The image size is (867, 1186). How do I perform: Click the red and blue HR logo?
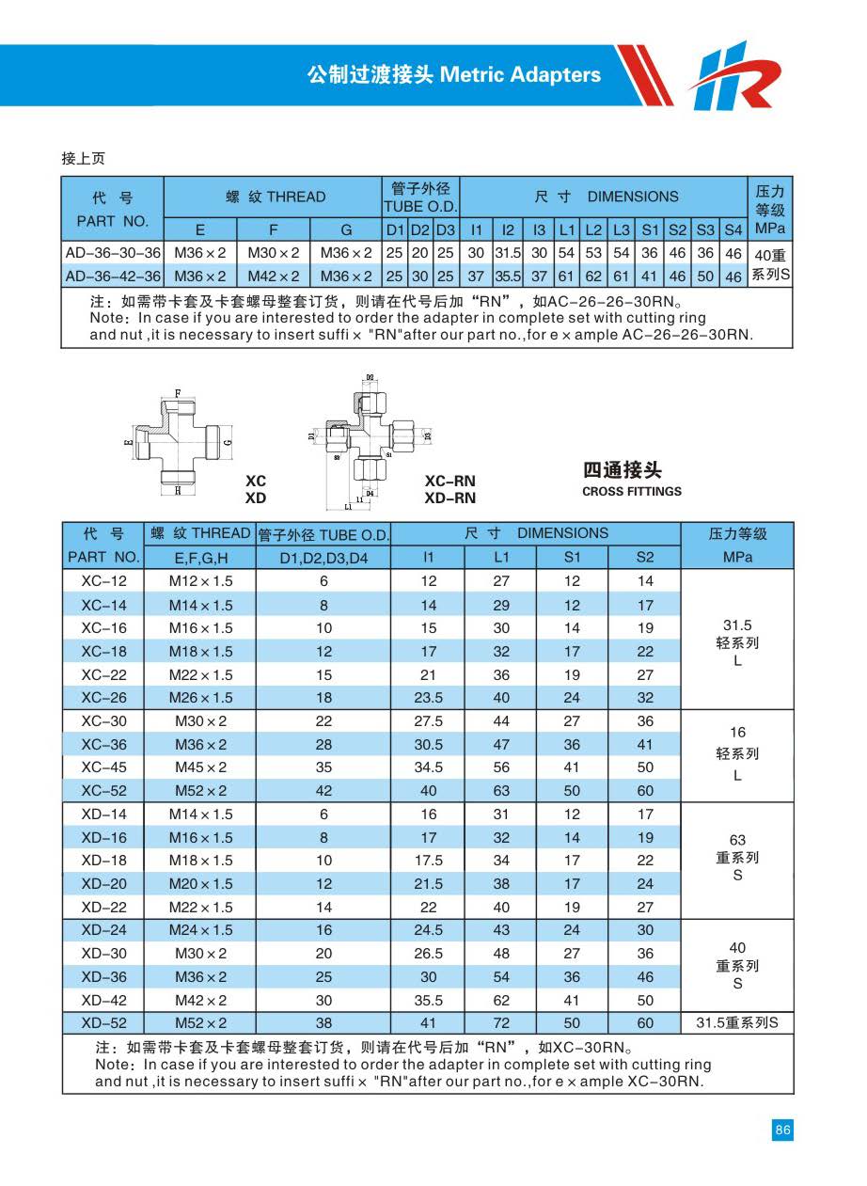pos(733,76)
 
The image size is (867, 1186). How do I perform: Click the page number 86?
pos(782,1130)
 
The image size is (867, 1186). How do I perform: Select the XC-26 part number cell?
pos(103,698)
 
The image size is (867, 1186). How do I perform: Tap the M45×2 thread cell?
pos(200,767)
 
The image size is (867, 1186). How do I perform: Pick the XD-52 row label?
pos(103,1022)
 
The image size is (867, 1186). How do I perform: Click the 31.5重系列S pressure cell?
pos(737,1022)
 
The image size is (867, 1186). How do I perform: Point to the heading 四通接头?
pos(622,469)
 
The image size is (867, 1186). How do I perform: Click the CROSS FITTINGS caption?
pos(632,491)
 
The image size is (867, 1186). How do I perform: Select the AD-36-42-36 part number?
pos(113,277)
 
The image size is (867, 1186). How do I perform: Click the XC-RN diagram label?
pos(449,482)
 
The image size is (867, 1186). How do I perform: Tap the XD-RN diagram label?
pos(449,498)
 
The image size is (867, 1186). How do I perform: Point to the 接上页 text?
pos(83,158)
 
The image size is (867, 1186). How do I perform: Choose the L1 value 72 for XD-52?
pos(501,1022)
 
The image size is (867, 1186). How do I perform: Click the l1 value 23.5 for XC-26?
pos(428,698)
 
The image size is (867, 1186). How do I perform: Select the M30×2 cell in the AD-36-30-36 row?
pos(273,253)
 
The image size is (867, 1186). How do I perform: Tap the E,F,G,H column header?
pos(200,557)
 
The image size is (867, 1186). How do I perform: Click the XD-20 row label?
pos(103,883)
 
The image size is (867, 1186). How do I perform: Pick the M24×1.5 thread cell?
pos(200,929)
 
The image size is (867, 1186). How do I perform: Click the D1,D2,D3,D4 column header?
pos(323,557)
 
